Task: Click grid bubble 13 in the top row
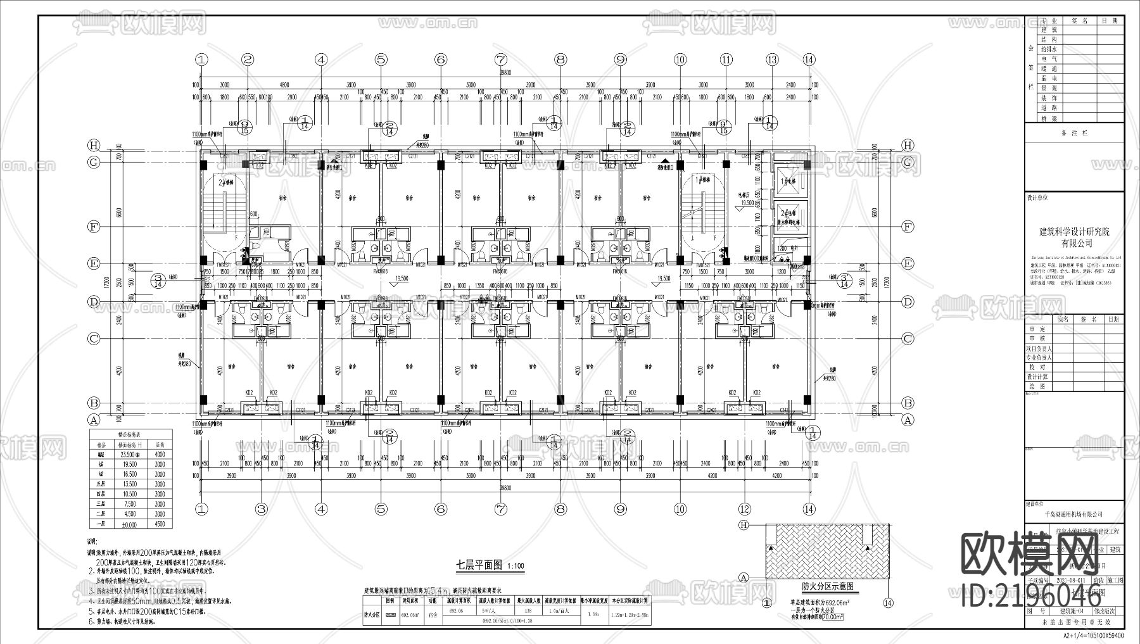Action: (771, 60)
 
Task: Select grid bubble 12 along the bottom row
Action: (745, 508)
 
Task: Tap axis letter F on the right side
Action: (908, 227)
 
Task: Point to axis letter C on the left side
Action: (94, 339)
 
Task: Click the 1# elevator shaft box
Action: (787, 181)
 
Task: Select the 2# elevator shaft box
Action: (787, 214)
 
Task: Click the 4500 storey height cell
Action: (160, 524)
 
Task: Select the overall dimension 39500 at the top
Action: (505, 73)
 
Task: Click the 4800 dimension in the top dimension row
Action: (284, 85)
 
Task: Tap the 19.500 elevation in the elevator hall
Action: (747, 203)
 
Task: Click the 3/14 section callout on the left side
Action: (158, 281)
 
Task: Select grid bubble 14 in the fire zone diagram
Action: (888, 603)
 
